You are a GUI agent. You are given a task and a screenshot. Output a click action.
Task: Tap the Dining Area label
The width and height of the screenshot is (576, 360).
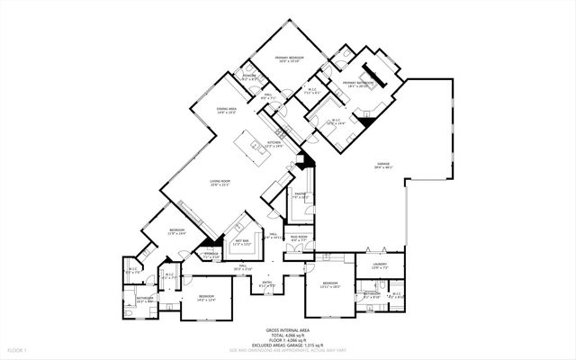pos(226,110)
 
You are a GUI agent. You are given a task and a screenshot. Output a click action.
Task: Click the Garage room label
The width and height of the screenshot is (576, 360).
pos(383,165)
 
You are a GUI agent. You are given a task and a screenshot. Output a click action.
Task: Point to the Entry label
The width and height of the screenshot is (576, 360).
pos(267,283)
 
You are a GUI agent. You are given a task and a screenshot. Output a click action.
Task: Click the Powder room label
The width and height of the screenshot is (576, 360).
pos(250,76)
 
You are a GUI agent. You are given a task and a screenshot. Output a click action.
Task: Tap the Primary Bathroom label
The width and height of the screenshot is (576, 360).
pos(357,83)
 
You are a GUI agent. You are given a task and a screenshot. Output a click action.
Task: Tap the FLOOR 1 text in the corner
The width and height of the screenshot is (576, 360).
pos(17,348)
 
